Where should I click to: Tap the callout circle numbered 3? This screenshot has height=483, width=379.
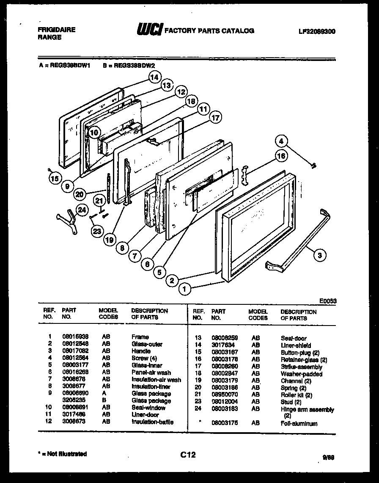point(320,255)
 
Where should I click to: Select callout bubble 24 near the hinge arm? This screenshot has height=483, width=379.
point(82,210)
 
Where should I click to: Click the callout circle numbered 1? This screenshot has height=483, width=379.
point(184,289)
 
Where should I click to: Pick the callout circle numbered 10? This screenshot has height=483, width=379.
point(94,132)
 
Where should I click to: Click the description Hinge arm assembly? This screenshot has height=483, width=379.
point(307,409)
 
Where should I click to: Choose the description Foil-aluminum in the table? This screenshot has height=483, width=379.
point(299,423)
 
